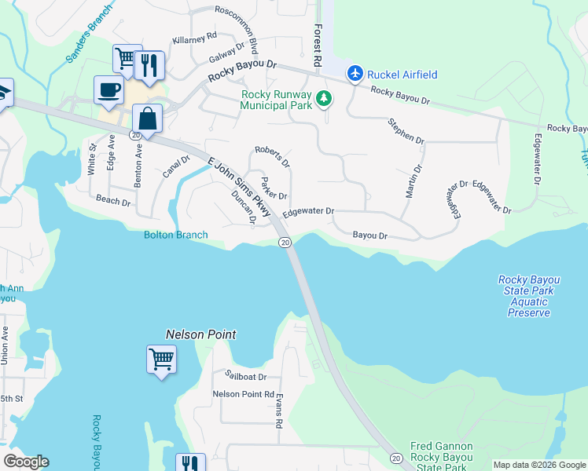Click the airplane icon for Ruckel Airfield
point(355,74)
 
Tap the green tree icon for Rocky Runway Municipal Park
point(324,99)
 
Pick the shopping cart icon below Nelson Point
point(161,360)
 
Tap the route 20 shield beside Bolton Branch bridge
point(285,243)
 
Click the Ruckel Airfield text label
point(403,75)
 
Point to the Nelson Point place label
point(200,334)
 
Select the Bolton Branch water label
point(175,235)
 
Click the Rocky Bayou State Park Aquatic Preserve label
point(529,296)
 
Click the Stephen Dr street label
point(406,130)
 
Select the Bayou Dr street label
point(370,235)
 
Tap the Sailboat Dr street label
point(245,377)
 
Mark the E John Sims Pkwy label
point(239,185)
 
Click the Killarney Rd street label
point(194,38)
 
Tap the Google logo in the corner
point(26,462)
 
